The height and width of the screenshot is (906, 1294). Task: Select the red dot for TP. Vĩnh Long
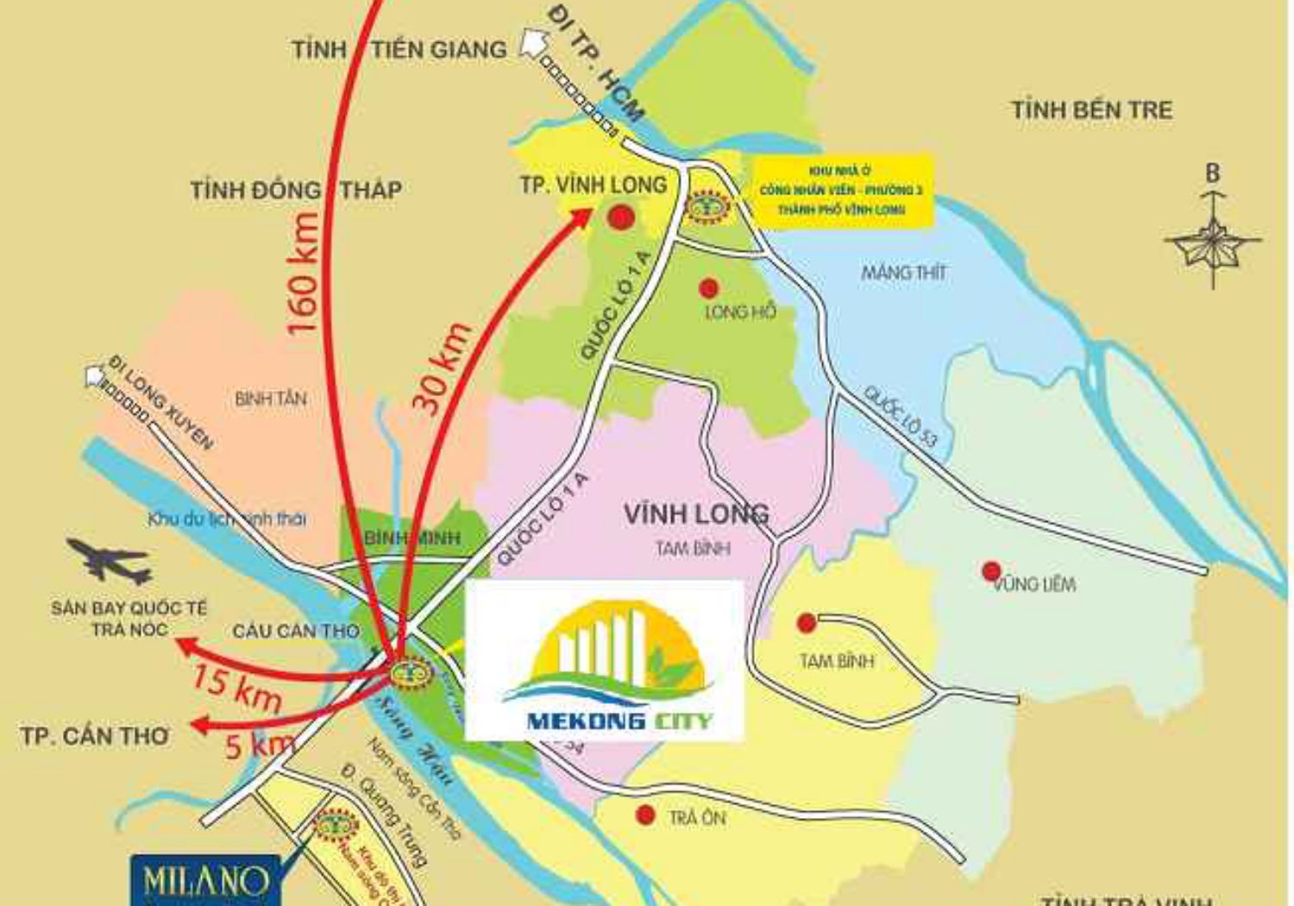619,217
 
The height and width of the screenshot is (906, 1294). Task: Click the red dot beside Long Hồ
708,287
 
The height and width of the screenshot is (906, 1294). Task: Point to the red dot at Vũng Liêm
991,570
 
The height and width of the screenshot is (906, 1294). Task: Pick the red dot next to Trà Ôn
644,815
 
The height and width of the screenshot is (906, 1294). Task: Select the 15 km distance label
236,687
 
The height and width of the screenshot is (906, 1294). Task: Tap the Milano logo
205,881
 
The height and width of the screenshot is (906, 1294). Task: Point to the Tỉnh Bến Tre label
1091,110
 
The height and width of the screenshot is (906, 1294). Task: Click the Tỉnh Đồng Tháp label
296,189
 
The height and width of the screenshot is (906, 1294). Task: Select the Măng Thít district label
903,273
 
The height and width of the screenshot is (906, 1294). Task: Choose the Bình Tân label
270,399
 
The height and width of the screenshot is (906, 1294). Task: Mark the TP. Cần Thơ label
95,736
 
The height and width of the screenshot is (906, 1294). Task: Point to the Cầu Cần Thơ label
295,631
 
